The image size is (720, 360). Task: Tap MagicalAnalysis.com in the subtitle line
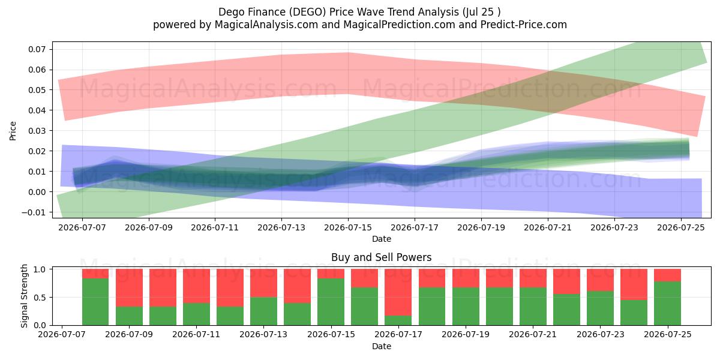(266, 25)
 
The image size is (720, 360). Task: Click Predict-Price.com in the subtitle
(524, 25)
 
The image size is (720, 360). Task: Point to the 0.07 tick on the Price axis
(37, 49)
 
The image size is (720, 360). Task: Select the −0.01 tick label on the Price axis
(34, 212)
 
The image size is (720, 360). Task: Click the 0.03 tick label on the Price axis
(37, 131)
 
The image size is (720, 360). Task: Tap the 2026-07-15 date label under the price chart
(348, 227)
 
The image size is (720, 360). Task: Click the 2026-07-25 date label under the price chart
(681, 227)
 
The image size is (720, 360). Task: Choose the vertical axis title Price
(13, 131)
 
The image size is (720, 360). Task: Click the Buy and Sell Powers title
(381, 257)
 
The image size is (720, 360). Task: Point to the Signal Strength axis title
(25, 296)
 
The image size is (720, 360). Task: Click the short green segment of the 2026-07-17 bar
(398, 320)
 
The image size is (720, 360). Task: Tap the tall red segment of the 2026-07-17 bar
(398, 292)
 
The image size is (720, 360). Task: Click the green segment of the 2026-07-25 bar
(667, 304)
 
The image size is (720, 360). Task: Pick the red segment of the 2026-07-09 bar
(129, 287)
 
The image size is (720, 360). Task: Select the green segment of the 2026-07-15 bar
(331, 302)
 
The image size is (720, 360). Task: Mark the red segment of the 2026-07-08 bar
(95, 274)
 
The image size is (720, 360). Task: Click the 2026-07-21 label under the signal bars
(533, 335)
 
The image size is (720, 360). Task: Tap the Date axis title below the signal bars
(382, 346)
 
